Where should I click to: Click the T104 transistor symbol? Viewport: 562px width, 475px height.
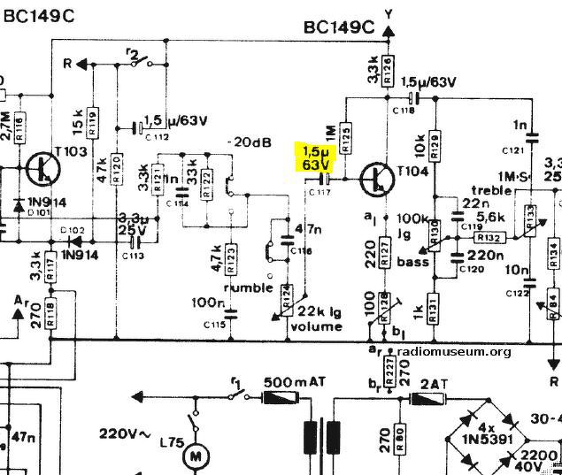coord(376,180)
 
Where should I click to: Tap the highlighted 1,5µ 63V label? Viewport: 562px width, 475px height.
coord(315,157)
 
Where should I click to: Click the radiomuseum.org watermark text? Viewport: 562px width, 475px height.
coord(453,351)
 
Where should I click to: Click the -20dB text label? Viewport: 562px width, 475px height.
coord(243,142)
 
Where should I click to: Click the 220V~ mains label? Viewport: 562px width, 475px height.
coord(127,434)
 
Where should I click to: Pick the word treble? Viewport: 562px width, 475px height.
coord(492,190)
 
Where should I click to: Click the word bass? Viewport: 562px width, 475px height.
coord(412,263)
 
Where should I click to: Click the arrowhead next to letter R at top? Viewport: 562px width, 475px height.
coord(81,64)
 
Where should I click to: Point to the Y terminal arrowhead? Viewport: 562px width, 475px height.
coord(388,31)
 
